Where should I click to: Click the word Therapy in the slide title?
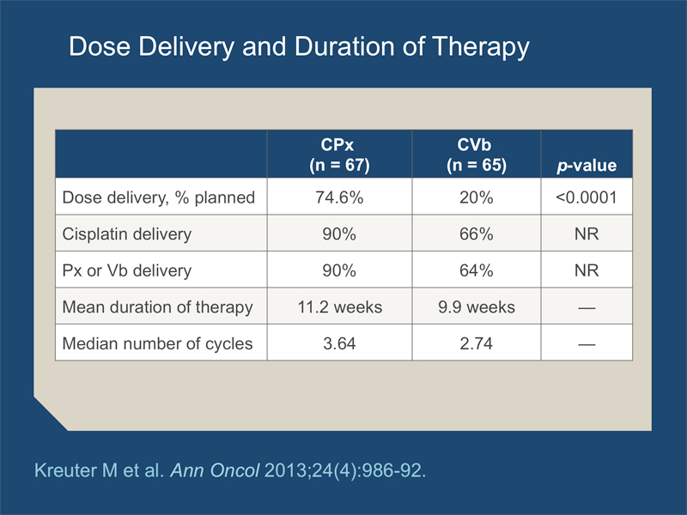coord(481,47)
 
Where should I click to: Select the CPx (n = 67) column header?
coord(339,154)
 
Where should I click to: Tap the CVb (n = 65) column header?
coord(477,154)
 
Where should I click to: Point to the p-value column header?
coord(587,166)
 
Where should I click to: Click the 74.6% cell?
coord(339,197)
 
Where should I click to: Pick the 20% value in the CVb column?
coord(477,197)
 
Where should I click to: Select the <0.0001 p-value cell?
coord(587,197)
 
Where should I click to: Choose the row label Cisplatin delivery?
coord(126,234)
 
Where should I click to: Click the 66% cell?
coord(477,233)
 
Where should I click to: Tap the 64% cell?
coord(477,270)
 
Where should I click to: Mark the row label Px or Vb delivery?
coord(126,270)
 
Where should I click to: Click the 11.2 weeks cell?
coord(339,307)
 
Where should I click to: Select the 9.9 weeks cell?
coord(477,307)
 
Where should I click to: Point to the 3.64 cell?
coord(339,343)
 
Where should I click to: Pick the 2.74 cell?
coord(477,343)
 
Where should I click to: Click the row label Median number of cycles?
coord(157,344)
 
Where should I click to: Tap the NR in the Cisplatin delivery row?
coord(587,233)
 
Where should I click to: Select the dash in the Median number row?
coord(587,344)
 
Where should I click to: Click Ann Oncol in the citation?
coord(216,470)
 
